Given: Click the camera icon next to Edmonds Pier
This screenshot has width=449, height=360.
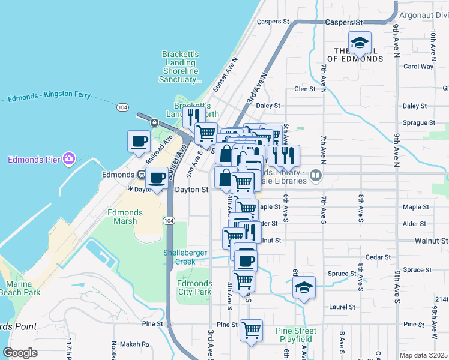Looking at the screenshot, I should coord(70,159).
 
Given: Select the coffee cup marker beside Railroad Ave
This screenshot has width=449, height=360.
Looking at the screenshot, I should coord(139,142).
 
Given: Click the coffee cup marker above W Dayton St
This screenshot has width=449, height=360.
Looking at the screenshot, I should coord(157,178).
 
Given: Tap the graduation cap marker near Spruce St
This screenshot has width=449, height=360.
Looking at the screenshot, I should coord(304,288).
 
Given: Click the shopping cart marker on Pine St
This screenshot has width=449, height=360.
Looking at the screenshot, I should coord(251,330).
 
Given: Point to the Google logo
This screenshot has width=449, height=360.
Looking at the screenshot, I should coord(20,353).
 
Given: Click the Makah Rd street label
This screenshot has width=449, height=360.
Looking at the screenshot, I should coord(138,344).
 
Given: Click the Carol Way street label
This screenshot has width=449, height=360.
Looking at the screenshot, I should coord(418,67).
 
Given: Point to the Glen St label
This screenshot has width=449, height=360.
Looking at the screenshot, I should coord(305,89).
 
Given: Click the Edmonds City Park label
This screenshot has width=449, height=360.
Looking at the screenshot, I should coord(195,287).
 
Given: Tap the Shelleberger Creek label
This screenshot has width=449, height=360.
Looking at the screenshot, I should coord(185,257).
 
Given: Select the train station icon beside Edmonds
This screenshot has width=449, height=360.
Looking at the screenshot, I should coord(142,175).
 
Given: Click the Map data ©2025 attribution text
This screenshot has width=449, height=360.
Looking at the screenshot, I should coord(423,355).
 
